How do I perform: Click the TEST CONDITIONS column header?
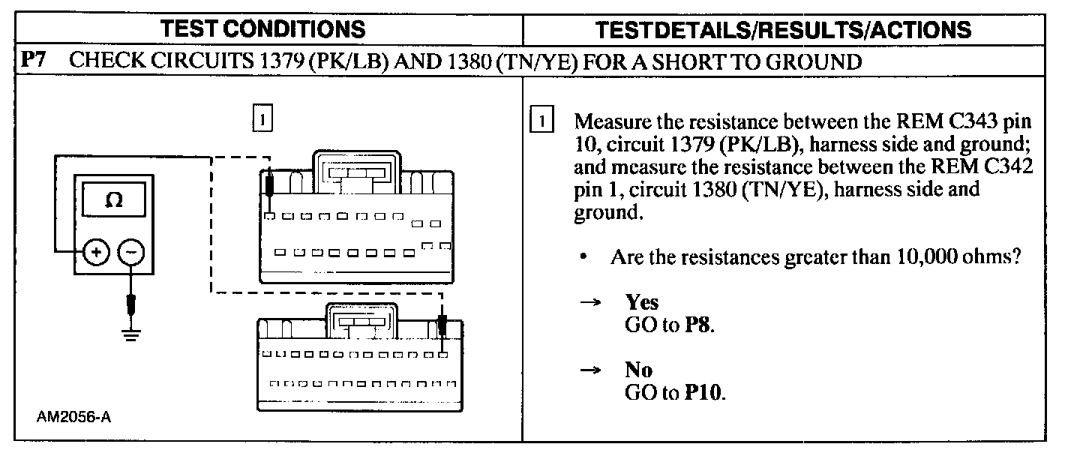click(263, 29)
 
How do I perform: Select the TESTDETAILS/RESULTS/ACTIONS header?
click(783, 29)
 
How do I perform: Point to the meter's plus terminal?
click(96, 253)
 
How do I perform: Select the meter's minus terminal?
click(132, 253)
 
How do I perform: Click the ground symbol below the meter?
click(132, 334)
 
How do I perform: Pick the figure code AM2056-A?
click(73, 418)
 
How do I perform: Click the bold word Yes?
click(641, 302)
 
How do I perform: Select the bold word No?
click(638, 370)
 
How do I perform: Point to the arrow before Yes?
click(591, 303)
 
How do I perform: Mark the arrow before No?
click(591, 370)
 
